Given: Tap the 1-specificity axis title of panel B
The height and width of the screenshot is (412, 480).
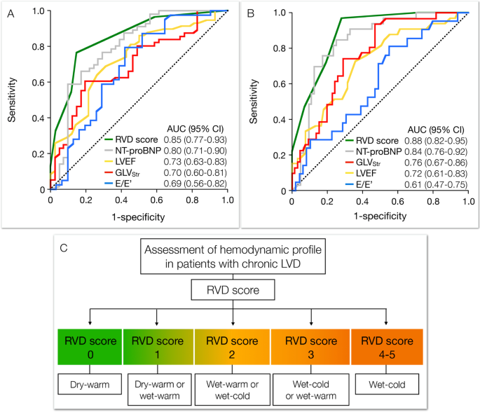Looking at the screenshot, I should point(378,218).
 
